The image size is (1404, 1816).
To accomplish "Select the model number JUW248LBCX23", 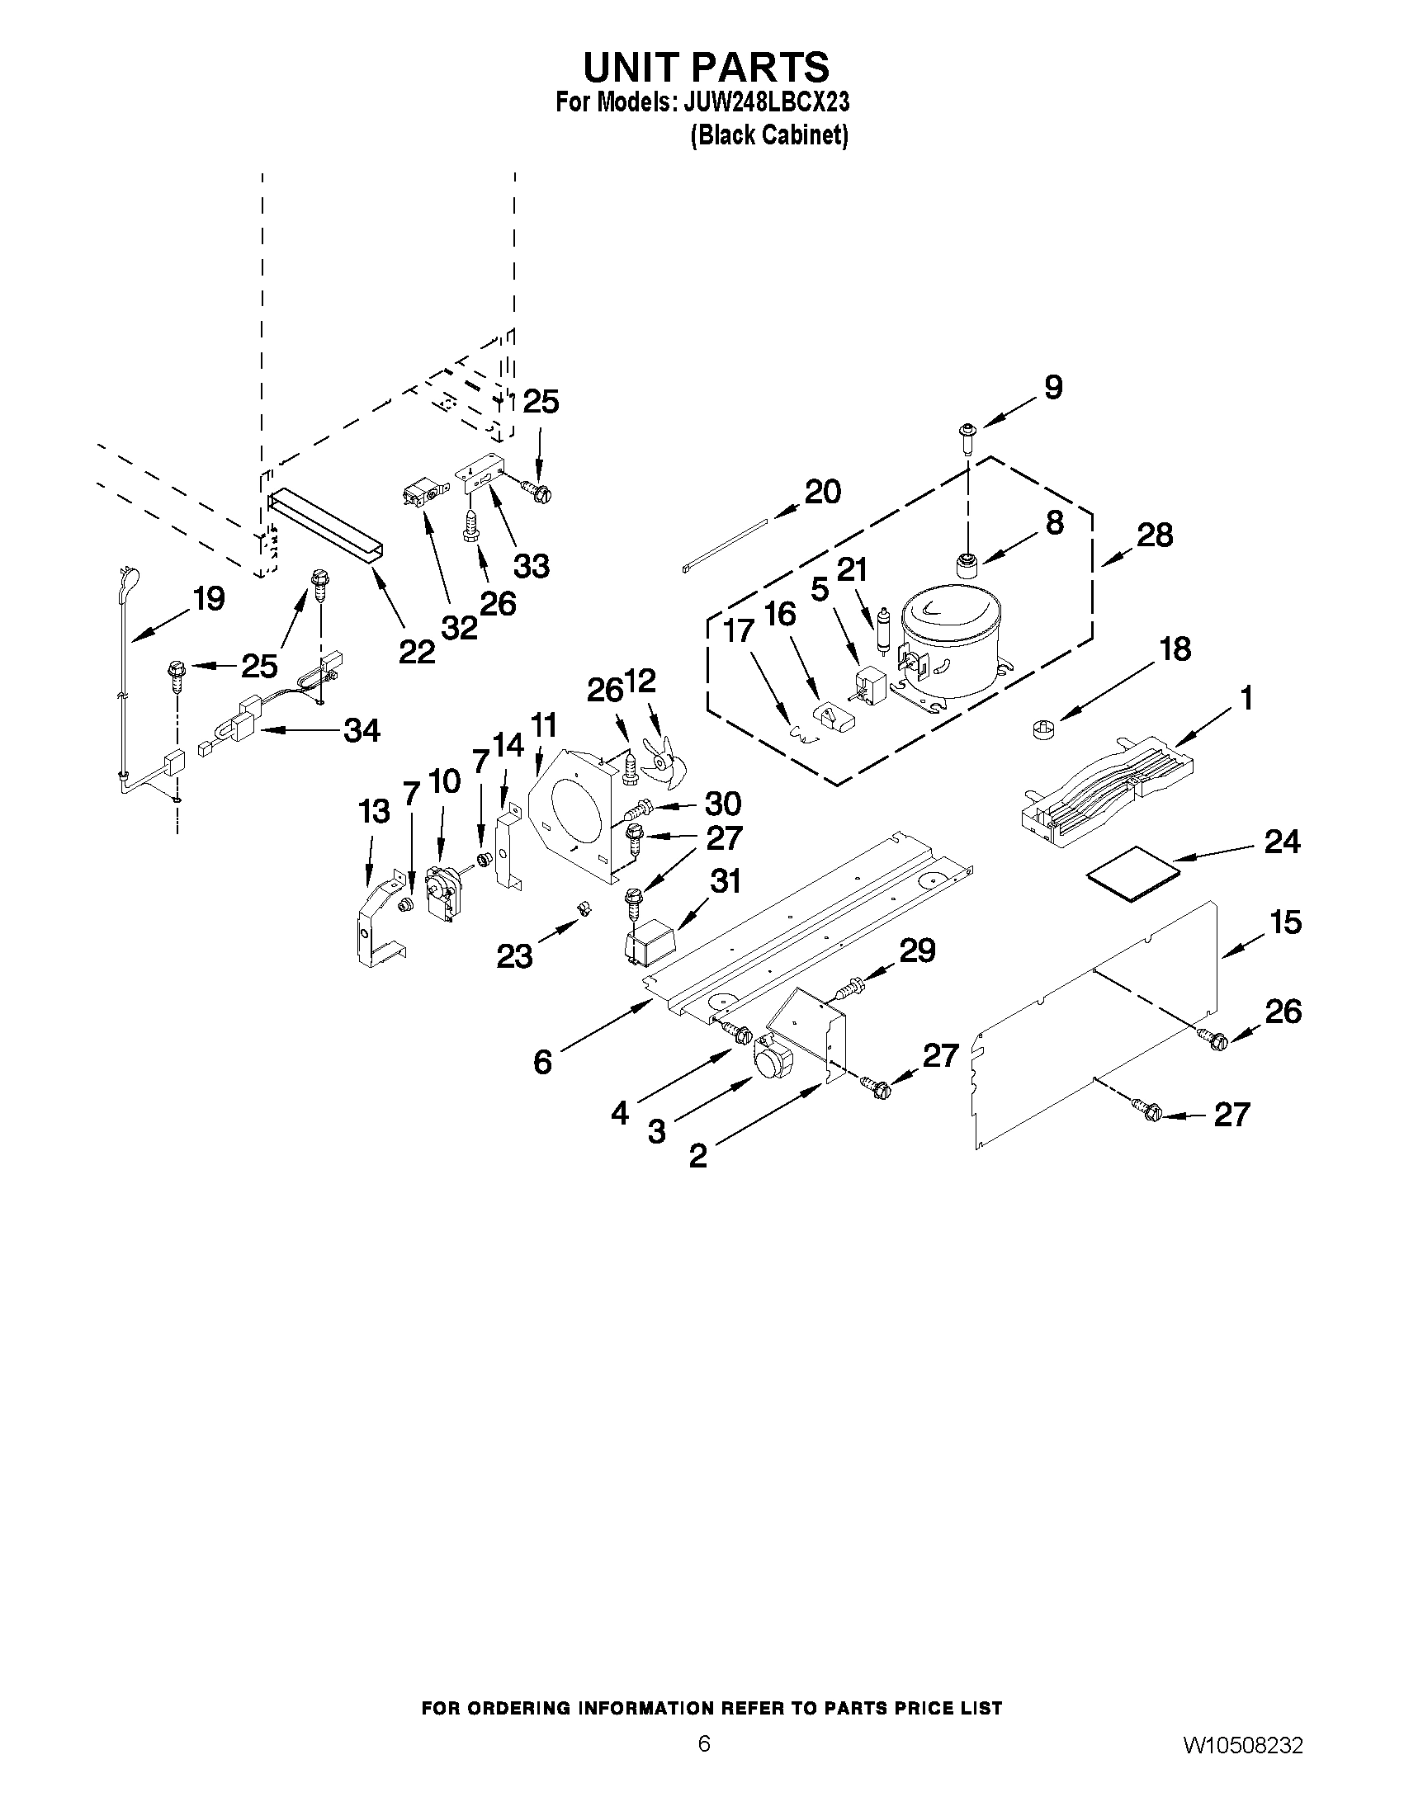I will coord(765,103).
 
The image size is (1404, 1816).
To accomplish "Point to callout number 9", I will coord(1053,388).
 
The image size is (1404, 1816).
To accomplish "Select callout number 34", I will coord(362,731).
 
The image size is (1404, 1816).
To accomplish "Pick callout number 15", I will coord(1285,922).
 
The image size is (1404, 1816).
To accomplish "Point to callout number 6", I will coord(542,1062).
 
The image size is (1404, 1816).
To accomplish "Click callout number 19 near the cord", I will coord(209,598).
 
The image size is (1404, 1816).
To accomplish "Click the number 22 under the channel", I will coord(416,651).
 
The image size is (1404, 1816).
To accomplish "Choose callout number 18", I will coord(1175,649).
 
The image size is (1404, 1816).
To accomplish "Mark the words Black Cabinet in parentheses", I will coord(769,134).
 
